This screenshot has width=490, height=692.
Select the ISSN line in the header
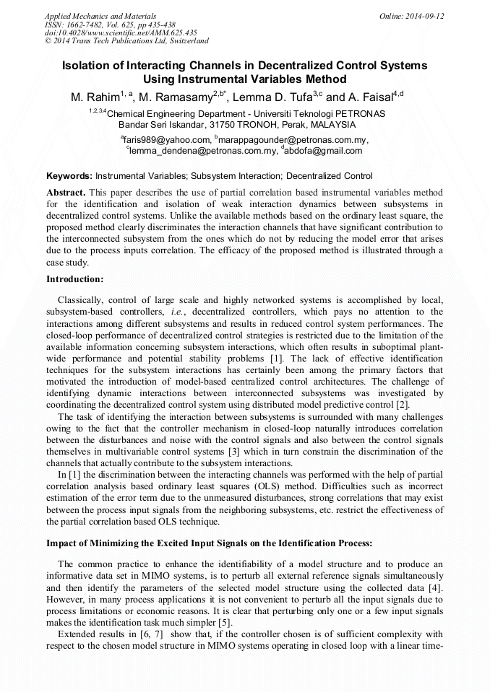(x=110, y=25)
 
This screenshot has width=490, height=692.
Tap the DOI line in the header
(x=121, y=33)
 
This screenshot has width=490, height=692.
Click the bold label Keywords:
(x=69, y=176)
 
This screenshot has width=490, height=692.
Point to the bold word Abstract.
(x=66, y=193)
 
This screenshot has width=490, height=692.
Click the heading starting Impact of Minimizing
(x=210, y=543)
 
